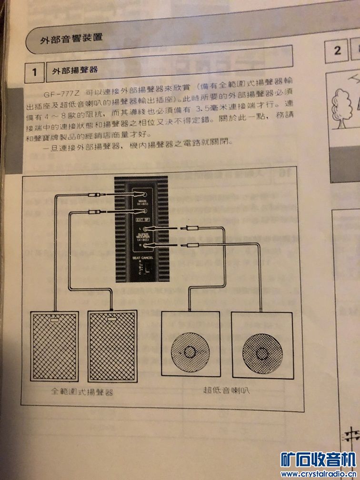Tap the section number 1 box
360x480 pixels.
coord(35,72)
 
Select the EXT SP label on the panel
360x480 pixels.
coord(141,220)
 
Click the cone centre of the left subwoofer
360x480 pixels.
coord(190,353)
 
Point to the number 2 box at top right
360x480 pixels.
coord(338,50)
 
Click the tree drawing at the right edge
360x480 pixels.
coord(341,109)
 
